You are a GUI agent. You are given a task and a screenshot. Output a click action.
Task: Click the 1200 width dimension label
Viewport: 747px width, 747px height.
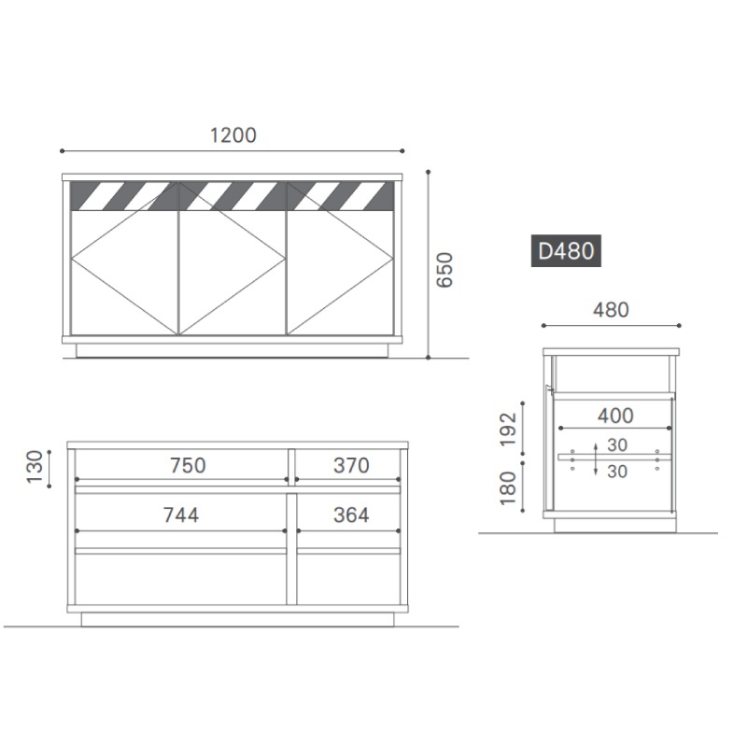pyautogui.click(x=233, y=135)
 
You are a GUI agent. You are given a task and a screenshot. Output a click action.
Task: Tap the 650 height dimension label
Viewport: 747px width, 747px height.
pyautogui.click(x=444, y=270)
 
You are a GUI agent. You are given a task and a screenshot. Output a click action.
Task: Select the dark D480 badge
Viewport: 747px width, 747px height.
pyautogui.click(x=566, y=250)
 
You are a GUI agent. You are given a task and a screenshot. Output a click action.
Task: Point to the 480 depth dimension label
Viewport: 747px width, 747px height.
pyautogui.click(x=611, y=310)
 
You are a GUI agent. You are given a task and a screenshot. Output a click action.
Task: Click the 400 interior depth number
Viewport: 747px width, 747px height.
pyautogui.click(x=615, y=416)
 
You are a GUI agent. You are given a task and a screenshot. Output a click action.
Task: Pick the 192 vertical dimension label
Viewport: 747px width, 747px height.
pyautogui.click(x=508, y=430)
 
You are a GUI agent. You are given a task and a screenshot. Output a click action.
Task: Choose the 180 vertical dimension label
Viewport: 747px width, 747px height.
pyautogui.click(x=508, y=488)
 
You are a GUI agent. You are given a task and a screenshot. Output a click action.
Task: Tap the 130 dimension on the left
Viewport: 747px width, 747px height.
pyautogui.click(x=35, y=468)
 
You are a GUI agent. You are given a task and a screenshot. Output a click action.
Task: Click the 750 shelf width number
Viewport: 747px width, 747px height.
pyautogui.click(x=188, y=465)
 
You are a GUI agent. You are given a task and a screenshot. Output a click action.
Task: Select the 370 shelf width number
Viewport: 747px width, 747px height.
pyautogui.click(x=351, y=465)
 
